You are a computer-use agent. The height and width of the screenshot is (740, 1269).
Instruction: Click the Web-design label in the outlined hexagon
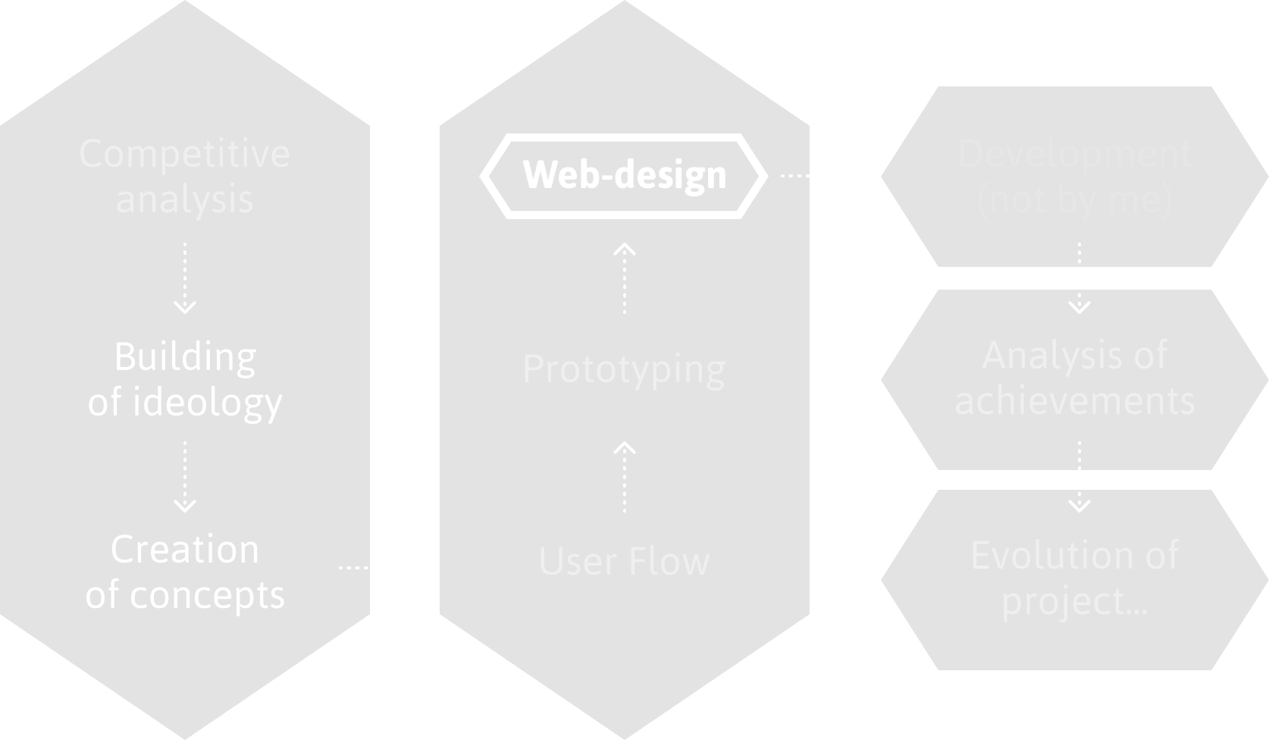pos(624,175)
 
